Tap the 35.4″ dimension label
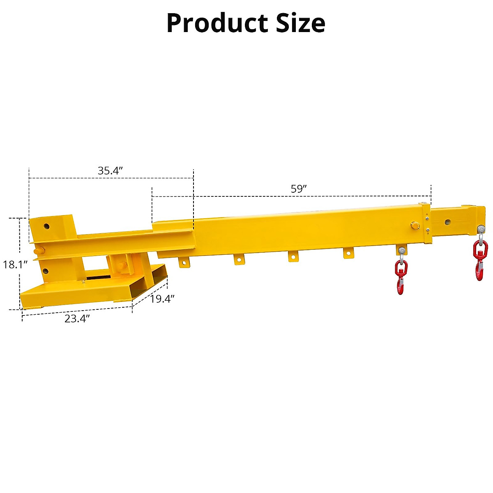click(111, 171)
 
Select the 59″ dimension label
click(299, 189)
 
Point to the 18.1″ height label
click(15, 265)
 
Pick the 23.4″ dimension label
click(77, 318)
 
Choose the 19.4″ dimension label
click(162, 299)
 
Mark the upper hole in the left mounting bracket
click(46, 226)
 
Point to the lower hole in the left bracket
click(45, 271)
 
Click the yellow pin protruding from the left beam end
click(38, 250)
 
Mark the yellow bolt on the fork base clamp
click(122, 267)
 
